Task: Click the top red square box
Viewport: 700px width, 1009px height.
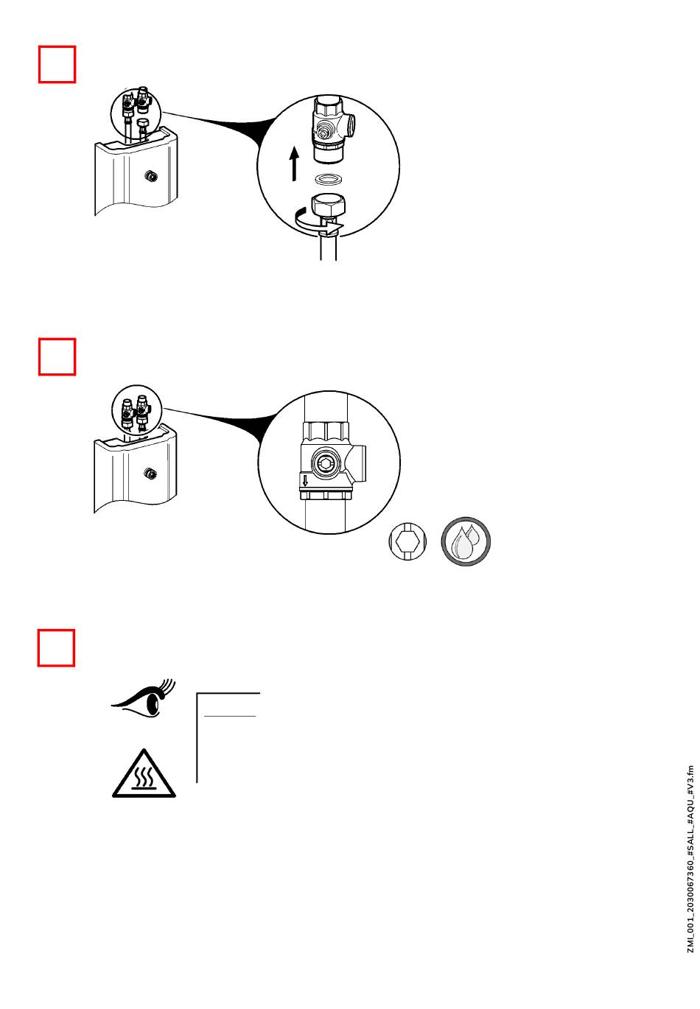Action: pos(57,65)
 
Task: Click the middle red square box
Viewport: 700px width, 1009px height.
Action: pos(57,356)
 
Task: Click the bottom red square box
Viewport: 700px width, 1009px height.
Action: pos(57,647)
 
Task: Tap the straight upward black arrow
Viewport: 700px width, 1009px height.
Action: pos(294,164)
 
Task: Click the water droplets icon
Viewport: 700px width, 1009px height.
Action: pos(466,543)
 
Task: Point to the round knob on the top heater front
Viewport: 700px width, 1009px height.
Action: pos(150,176)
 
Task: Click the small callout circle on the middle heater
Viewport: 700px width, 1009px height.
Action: pos(139,409)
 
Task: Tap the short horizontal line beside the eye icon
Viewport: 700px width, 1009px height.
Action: pos(229,715)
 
